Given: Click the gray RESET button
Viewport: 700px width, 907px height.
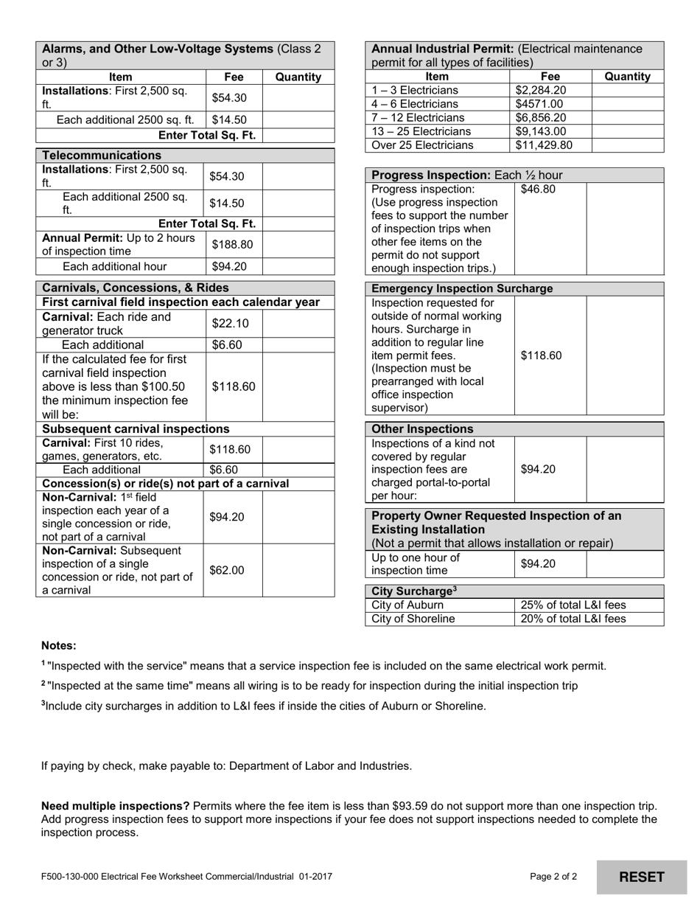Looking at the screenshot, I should (x=641, y=877).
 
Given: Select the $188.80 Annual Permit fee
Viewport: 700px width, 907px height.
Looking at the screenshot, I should (x=232, y=245).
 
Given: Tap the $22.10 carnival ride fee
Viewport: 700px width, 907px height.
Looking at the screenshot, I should (x=230, y=323).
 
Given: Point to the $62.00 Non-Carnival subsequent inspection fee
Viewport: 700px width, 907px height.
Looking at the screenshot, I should (x=226, y=570).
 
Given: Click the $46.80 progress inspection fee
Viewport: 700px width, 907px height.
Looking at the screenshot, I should (x=538, y=190).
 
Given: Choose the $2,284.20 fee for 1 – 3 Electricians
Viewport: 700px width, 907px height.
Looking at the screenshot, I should (x=541, y=90).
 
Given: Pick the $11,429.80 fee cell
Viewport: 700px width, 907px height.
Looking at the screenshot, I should (x=544, y=145).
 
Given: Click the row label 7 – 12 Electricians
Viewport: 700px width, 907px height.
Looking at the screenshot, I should (x=419, y=118).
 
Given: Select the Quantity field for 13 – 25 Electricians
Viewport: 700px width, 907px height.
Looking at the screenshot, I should (x=627, y=131).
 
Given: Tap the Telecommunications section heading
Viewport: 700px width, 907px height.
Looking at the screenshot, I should (x=102, y=156).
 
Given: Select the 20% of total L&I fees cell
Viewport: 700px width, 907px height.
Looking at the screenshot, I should (x=573, y=619).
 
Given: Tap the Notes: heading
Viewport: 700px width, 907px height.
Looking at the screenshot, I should (x=59, y=646).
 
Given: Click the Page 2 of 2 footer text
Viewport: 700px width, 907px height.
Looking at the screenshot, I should (x=553, y=877).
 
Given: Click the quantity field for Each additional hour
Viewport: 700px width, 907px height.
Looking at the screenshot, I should (x=298, y=267).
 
